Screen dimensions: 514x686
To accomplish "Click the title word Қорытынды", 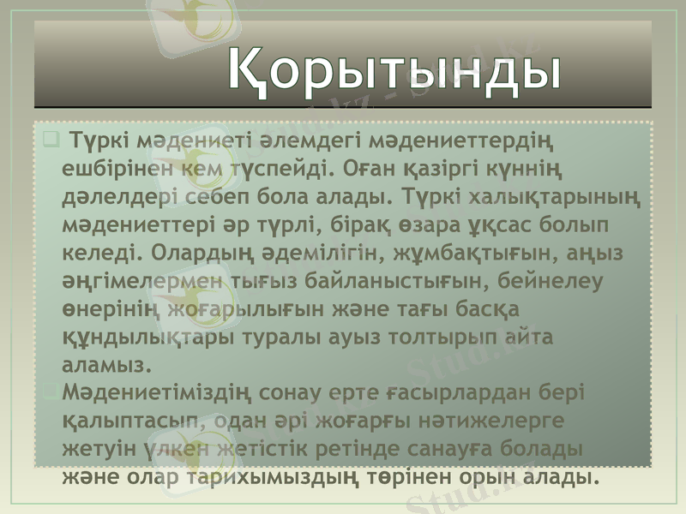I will [x=395, y=69].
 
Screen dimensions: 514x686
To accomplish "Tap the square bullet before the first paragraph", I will [x=50, y=136].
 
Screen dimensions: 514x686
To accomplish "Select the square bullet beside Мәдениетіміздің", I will [x=50, y=391].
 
